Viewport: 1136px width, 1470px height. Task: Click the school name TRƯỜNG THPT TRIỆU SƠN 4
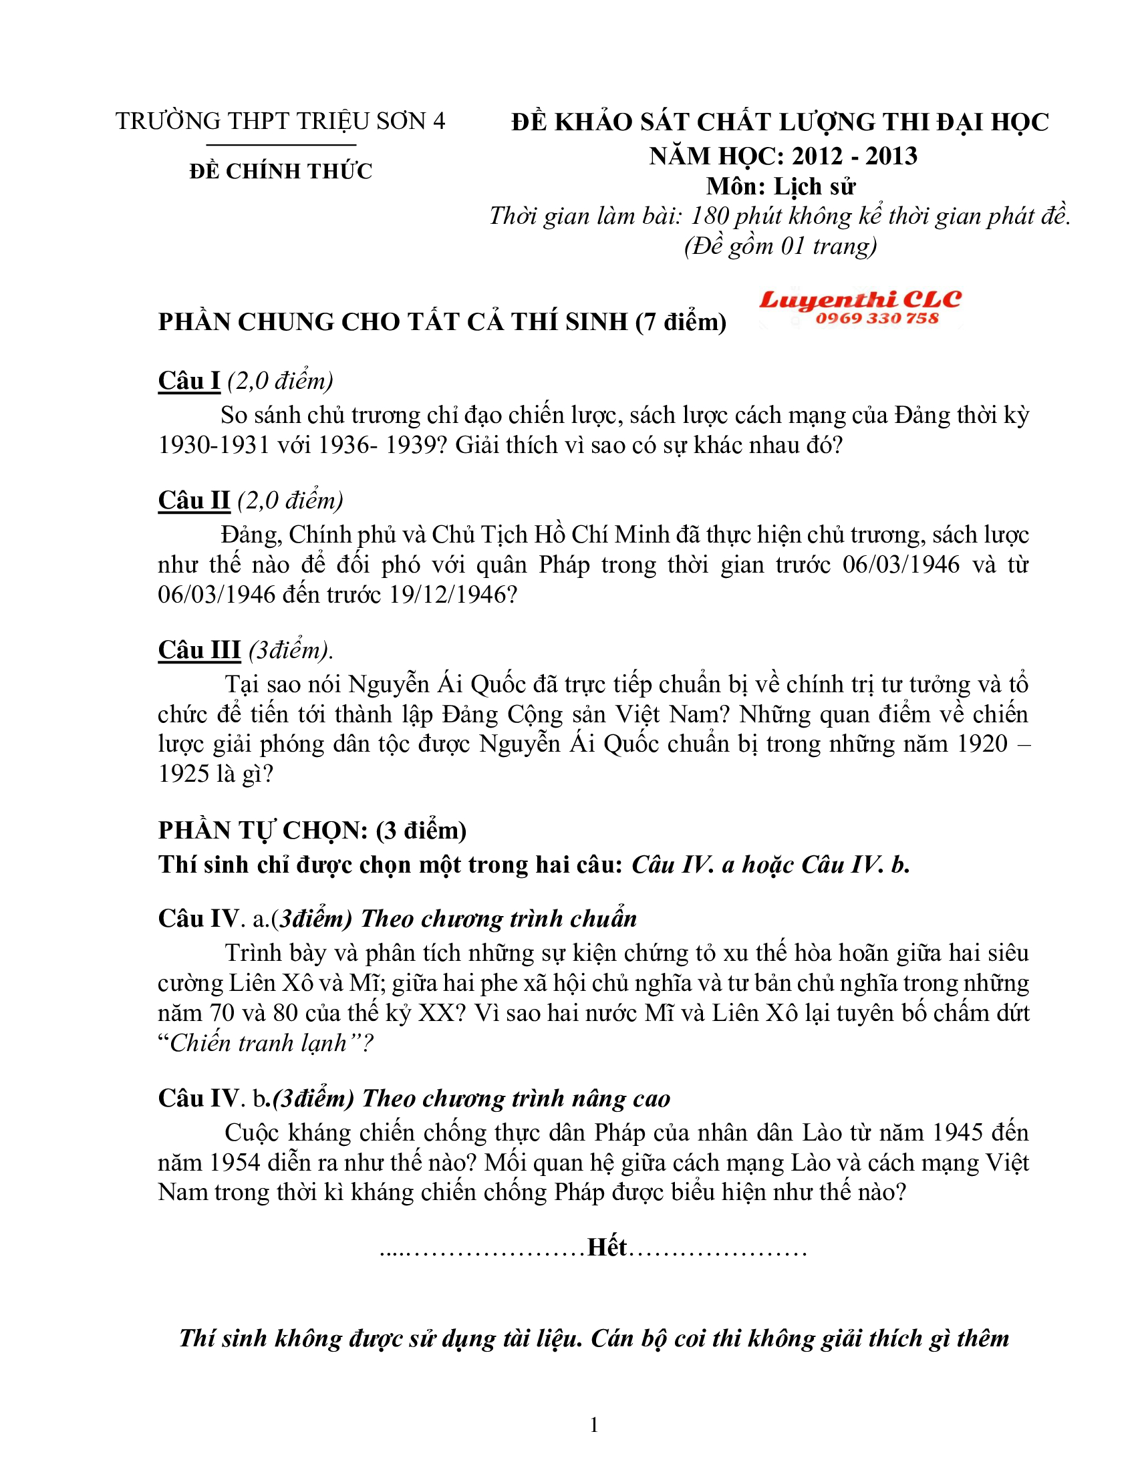[280, 121]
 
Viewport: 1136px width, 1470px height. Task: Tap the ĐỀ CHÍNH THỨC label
[281, 171]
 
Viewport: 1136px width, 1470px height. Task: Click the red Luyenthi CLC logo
[860, 299]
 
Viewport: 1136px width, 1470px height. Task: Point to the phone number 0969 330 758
[876, 318]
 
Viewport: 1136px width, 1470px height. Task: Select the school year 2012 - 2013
[854, 156]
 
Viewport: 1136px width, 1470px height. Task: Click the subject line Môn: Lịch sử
[780, 186]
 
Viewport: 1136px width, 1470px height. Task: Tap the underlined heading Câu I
[189, 381]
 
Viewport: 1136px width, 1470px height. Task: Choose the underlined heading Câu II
[194, 500]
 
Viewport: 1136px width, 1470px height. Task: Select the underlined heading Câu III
[199, 649]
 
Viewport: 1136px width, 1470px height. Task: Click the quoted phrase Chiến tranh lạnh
[259, 1042]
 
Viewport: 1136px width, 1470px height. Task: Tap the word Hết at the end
[607, 1247]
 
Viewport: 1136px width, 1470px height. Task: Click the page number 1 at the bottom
[593, 1425]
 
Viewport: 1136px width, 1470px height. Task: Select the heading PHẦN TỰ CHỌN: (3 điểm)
[312, 831]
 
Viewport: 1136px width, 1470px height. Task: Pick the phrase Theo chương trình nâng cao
[516, 1098]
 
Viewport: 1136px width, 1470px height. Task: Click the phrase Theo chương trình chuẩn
[499, 919]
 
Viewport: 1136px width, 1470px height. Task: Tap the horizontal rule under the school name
[281, 145]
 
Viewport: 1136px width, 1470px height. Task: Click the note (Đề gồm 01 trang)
[780, 247]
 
